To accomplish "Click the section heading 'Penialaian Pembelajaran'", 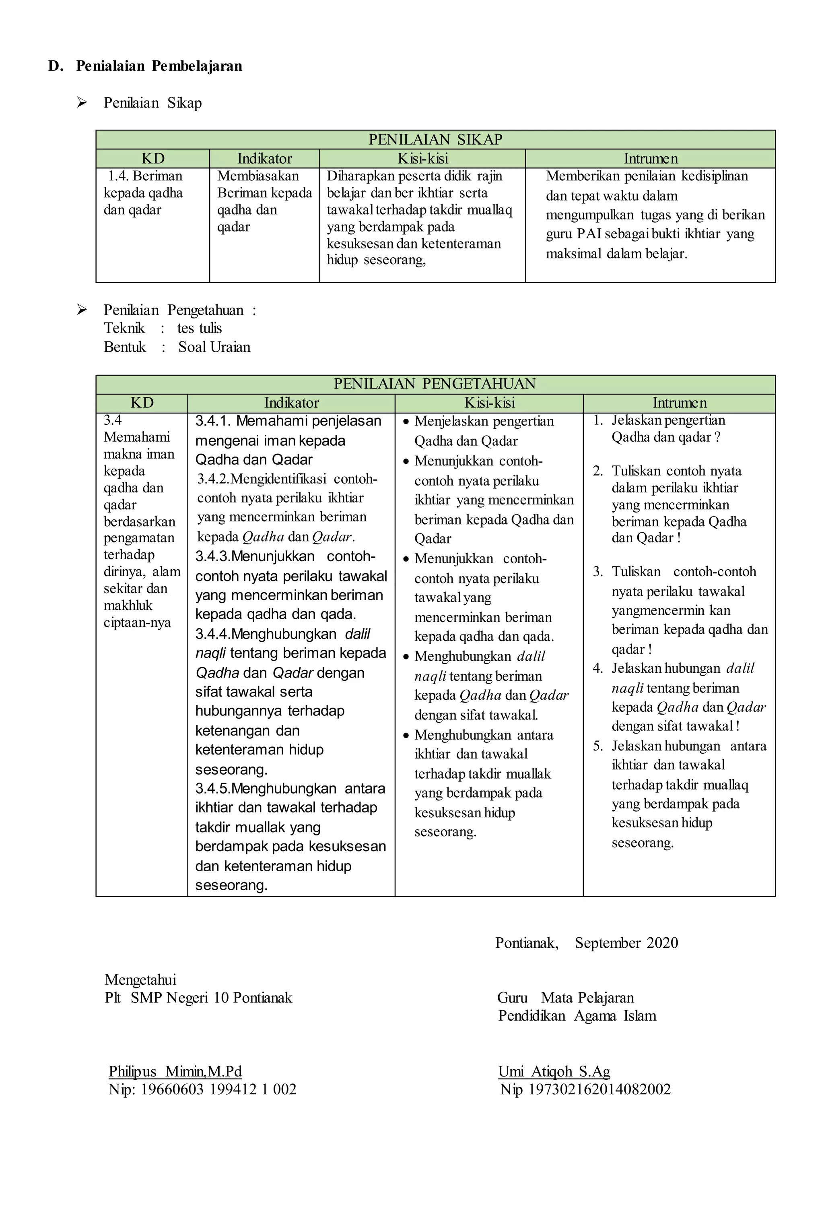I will point(159,66).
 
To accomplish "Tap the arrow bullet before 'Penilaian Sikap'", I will point(82,103).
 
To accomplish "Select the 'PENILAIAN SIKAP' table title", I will point(435,139).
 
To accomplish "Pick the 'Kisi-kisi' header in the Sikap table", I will point(422,159).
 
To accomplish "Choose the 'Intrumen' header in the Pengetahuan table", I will point(679,403).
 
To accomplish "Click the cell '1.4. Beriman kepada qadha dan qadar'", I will point(144,193).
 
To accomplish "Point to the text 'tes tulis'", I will point(200,328).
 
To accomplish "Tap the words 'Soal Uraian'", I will point(214,347).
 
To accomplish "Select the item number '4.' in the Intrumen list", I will point(598,668).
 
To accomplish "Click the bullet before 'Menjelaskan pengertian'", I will point(406,422).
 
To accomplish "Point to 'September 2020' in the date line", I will point(626,943).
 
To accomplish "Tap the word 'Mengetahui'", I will point(140,980).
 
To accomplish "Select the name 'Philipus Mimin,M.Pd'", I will point(175,1071).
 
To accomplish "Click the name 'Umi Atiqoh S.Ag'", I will point(554,1071).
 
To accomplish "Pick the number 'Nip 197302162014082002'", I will point(585,1089).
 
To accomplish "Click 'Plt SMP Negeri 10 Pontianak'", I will point(198,998).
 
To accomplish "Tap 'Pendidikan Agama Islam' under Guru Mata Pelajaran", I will point(577,1015).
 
